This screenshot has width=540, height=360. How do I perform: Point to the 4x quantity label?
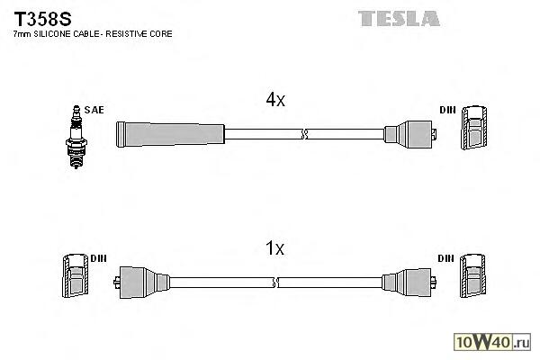click(x=275, y=101)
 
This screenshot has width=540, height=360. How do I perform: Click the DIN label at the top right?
click(x=447, y=110)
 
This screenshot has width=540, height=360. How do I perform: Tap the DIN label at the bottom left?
click(x=99, y=258)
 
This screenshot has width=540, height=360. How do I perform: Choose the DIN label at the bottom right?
click(x=445, y=258)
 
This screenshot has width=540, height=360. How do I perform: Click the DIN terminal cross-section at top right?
click(x=474, y=130)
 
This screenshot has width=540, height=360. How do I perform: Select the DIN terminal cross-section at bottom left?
click(x=75, y=278)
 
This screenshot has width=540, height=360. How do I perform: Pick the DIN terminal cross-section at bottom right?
click(x=474, y=278)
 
